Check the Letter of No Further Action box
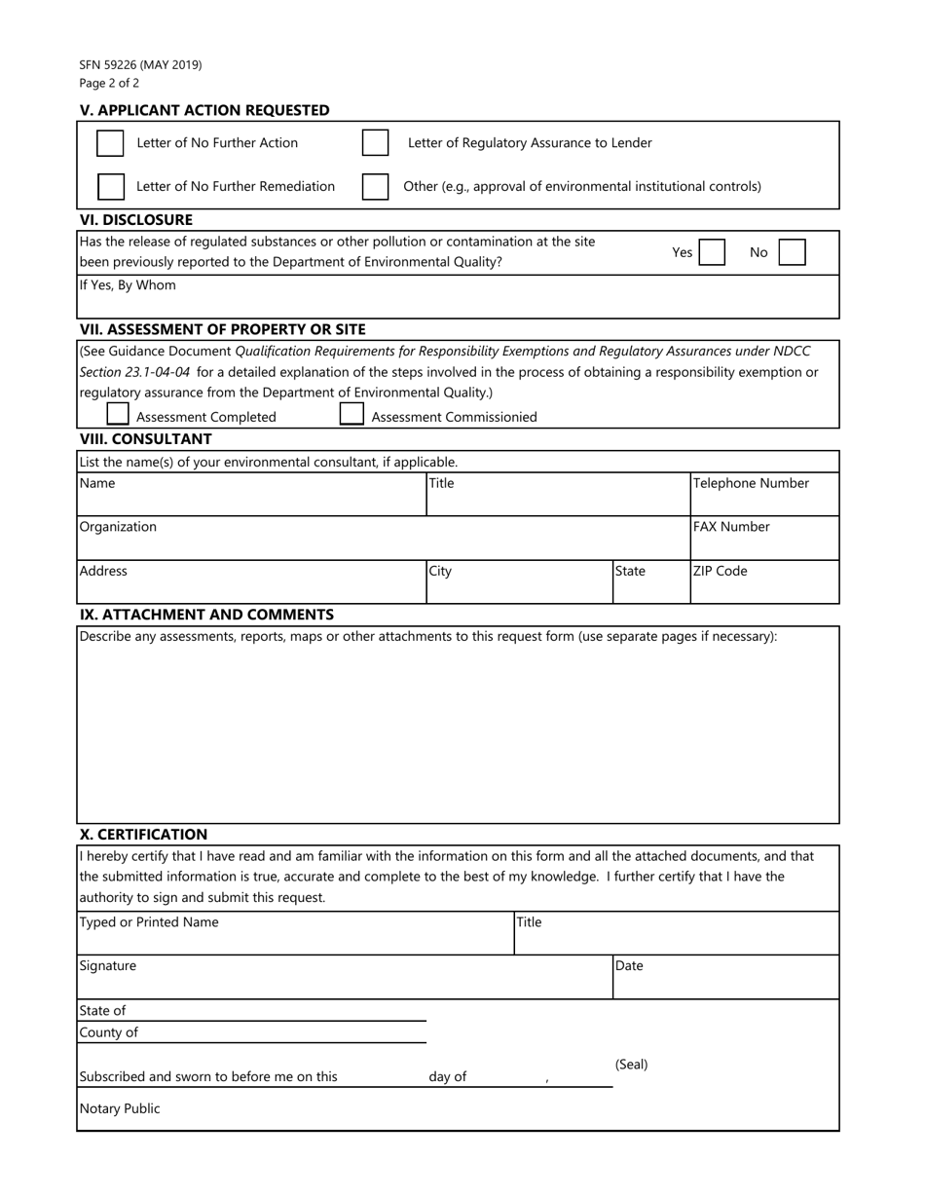tap(110, 143)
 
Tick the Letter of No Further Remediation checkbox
tap(111, 186)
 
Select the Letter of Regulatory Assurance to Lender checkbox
tap(375, 143)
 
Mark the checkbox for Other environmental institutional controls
tap(375, 186)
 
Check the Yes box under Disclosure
tap(712, 253)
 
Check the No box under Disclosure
tap(792, 253)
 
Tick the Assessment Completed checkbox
tap(118, 414)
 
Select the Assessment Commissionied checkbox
tap(351, 414)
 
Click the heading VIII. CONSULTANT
tap(146, 439)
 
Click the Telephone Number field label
tap(751, 483)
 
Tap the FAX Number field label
tap(731, 527)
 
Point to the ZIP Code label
tap(721, 571)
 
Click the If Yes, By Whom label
tap(128, 285)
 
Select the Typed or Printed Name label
tap(149, 922)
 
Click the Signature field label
tap(108, 966)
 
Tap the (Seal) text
tap(631, 1065)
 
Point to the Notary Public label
tap(120, 1108)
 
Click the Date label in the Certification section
tap(629, 966)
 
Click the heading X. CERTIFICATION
tap(144, 835)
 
